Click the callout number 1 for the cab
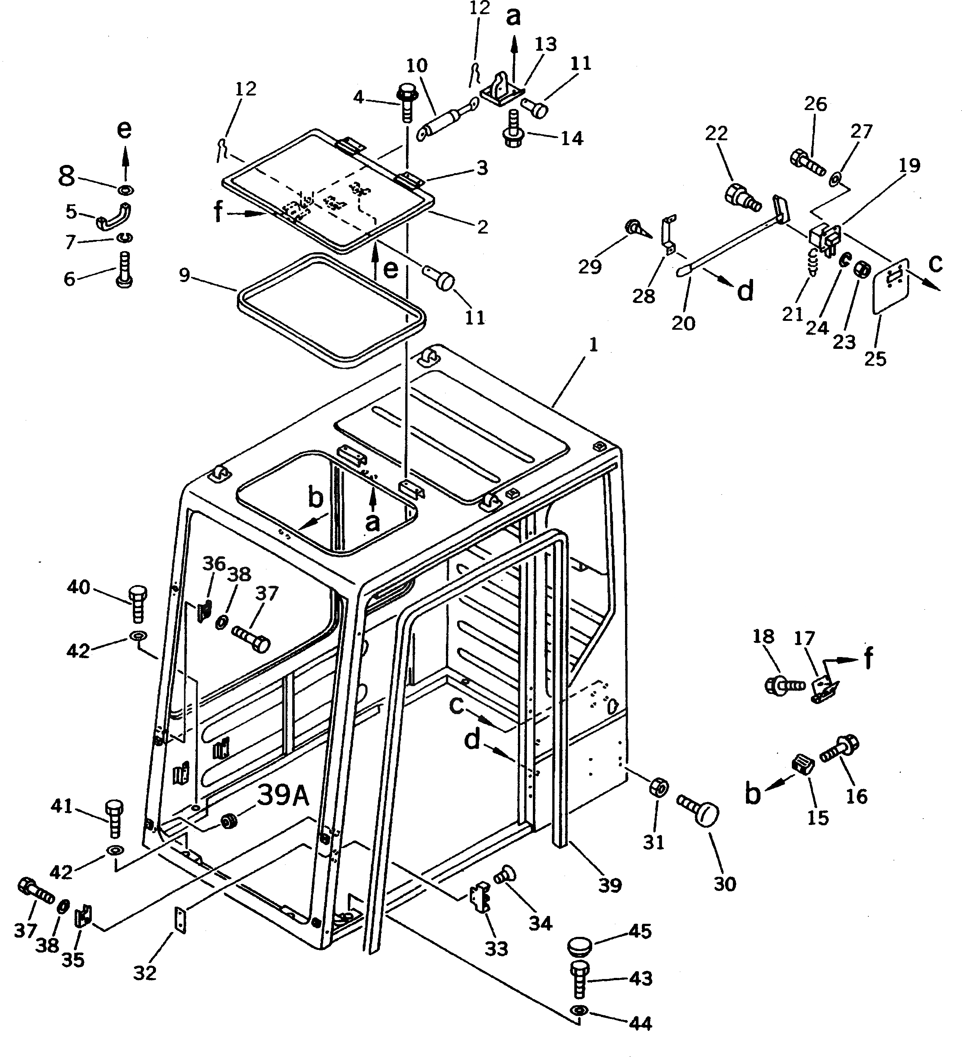(593, 345)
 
